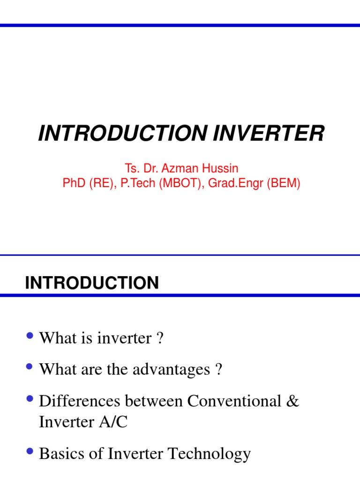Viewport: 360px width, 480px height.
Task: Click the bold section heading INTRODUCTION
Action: [92, 283]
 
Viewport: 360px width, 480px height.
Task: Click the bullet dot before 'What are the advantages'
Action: [31, 368]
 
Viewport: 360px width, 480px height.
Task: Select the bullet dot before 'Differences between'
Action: [31, 399]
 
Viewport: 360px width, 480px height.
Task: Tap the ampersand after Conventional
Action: [292, 402]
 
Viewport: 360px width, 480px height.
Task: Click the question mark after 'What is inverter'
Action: [160, 338]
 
